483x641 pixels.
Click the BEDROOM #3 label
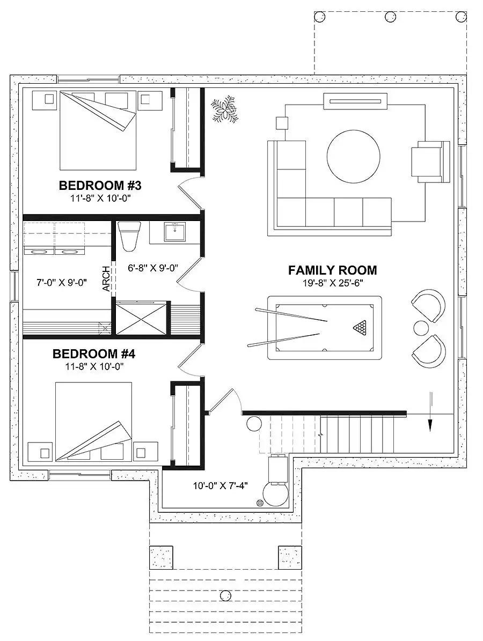[100, 186]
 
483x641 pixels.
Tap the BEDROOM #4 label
[94, 353]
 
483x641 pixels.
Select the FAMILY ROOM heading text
[333, 270]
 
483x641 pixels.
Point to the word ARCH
[106, 279]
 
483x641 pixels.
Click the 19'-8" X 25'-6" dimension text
[333, 283]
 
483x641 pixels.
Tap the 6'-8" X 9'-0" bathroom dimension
[152, 268]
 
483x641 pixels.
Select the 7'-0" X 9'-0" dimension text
[61, 282]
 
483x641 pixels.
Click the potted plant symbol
[224, 108]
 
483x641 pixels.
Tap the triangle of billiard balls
[360, 327]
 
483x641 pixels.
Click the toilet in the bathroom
[129, 236]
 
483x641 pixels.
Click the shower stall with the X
[142, 318]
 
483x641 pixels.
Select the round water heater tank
[275, 495]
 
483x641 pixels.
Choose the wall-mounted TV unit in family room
[355, 101]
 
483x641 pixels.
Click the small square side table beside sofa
[282, 123]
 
